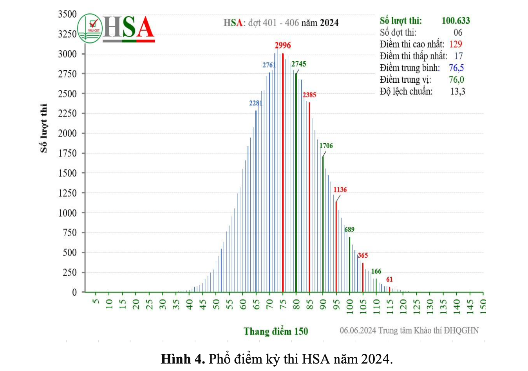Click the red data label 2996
coord(282,45)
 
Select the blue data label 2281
coord(256,103)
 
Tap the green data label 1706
coord(326,146)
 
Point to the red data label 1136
coord(340,190)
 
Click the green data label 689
coord(349,230)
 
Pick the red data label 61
coord(389,280)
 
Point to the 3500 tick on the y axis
coord(67,14)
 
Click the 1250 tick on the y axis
coord(67,193)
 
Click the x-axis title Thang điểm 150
coord(276,332)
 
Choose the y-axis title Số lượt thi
coord(44,128)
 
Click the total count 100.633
coord(456,21)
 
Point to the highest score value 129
coord(456,44)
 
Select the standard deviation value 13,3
coord(457,92)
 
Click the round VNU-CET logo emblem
coord(90,28)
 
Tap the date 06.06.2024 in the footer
coord(358,331)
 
